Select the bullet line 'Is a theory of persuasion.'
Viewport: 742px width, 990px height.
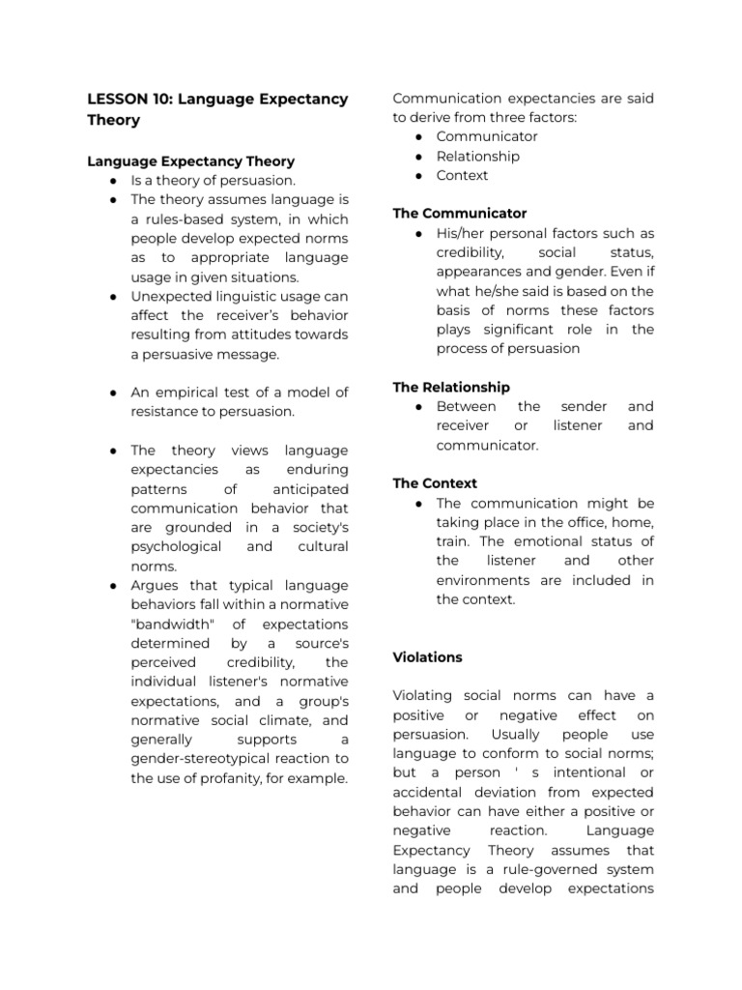[x=214, y=181]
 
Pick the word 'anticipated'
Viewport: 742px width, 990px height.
[x=310, y=489]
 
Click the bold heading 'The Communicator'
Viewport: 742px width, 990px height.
[x=459, y=213]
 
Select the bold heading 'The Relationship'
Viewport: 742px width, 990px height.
[x=451, y=387]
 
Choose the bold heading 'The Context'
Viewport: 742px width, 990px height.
[x=435, y=483]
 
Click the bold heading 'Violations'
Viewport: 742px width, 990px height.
[x=427, y=657]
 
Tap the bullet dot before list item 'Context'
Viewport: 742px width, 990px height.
[x=417, y=176]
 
